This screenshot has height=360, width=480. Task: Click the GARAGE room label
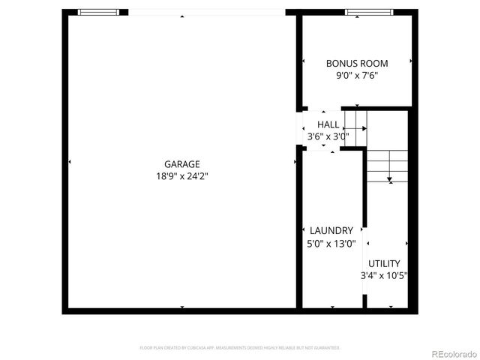[182, 164]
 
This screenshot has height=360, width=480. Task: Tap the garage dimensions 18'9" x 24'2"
[182, 177]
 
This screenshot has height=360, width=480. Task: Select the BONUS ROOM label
[356, 63]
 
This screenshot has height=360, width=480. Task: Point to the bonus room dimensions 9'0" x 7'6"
[356, 75]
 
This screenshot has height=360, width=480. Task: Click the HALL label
[328, 124]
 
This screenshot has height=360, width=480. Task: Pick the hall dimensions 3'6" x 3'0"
[328, 136]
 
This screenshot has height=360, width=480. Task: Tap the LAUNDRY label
[331, 231]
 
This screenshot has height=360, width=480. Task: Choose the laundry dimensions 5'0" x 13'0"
[331, 244]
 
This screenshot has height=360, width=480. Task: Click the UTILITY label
[383, 263]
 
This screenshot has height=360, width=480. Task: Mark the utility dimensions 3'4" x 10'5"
[383, 276]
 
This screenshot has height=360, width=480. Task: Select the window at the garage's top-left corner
[98, 12]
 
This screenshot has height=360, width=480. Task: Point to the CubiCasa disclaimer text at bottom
[240, 348]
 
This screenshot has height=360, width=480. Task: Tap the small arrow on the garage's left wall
[69, 162]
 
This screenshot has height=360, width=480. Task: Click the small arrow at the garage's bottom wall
[182, 307]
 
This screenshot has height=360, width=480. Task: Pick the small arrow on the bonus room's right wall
[411, 61]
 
